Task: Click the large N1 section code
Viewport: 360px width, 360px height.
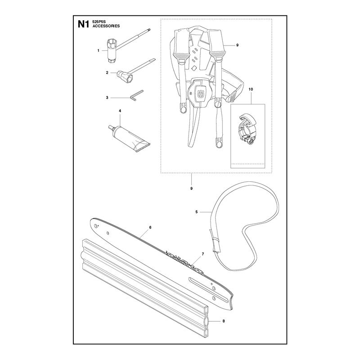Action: click(x=83, y=24)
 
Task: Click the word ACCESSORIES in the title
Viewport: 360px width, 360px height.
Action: click(x=106, y=26)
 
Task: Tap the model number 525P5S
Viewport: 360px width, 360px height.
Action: click(x=98, y=22)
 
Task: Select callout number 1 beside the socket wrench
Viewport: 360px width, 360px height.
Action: click(x=98, y=50)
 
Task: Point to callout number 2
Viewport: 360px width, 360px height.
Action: click(x=107, y=72)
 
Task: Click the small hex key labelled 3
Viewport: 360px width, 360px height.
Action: click(x=136, y=95)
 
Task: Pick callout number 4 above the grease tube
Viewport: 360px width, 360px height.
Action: click(x=120, y=111)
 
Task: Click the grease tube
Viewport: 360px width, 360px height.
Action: click(x=129, y=139)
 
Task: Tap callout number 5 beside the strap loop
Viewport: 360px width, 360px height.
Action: click(x=197, y=212)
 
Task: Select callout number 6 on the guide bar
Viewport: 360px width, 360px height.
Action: click(x=150, y=227)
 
